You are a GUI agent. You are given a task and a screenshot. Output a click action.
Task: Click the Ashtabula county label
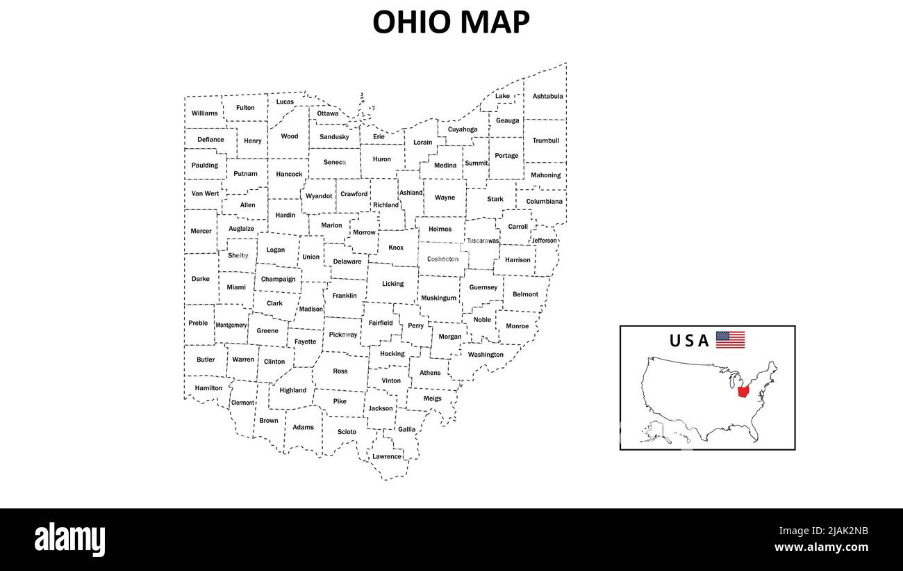pos(547,96)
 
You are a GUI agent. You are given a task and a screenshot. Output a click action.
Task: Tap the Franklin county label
pos(345,296)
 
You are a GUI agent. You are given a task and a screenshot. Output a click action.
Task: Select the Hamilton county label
pos(208,388)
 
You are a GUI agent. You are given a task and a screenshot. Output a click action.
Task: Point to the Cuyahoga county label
pos(463,129)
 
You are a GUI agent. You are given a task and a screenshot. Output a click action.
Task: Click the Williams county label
pos(204,113)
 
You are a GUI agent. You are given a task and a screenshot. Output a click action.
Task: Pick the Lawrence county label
pos(386,456)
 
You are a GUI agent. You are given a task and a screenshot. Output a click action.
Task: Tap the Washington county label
pos(486,355)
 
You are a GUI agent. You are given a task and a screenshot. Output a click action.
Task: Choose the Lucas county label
pos(285,102)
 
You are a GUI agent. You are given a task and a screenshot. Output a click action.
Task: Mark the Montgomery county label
pos(231,325)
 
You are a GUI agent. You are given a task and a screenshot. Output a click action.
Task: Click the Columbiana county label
pos(544,202)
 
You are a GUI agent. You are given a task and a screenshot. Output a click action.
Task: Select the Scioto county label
pos(347,432)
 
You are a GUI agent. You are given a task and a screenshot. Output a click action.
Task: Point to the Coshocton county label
pos(442,259)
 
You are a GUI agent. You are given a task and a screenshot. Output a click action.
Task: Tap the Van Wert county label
pos(205,193)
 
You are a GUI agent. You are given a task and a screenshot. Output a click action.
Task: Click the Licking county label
pos(392,284)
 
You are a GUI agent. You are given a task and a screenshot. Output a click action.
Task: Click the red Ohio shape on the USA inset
pos(743,392)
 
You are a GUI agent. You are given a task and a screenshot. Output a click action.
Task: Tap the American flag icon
pos(730,339)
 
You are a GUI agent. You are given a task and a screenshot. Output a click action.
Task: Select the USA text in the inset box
pos(689,341)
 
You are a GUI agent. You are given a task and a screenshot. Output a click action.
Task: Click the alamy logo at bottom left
pos(69,540)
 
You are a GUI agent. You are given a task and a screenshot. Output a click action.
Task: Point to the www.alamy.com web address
pos(821,547)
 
